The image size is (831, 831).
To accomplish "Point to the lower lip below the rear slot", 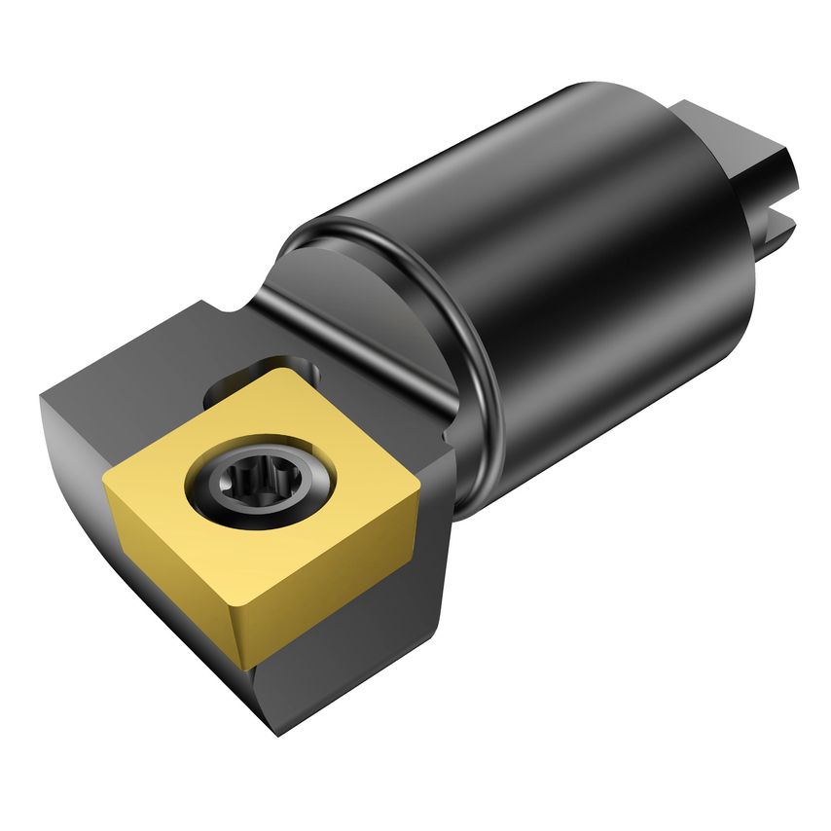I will [x=774, y=238].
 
